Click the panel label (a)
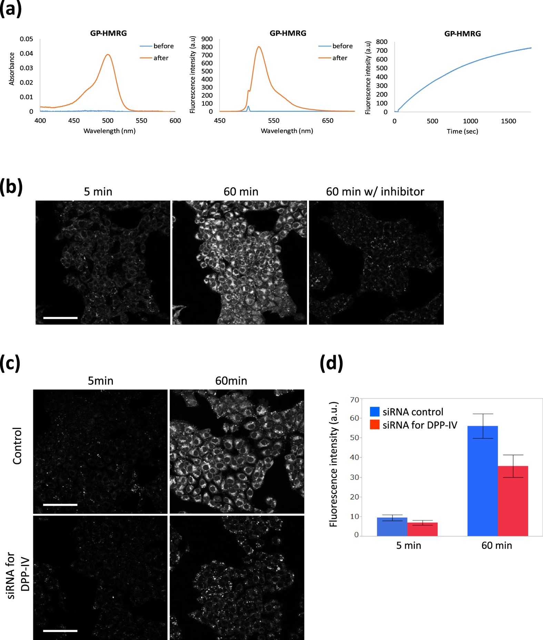(x=10, y=8)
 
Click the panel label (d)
(x=331, y=363)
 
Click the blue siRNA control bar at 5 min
(x=392, y=526)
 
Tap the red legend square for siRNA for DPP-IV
(x=374, y=425)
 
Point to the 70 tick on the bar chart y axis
(x=354, y=400)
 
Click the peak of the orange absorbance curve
(x=108, y=55)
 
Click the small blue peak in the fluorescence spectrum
(x=248, y=107)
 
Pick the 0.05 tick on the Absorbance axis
(x=26, y=39)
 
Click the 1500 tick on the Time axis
(x=509, y=121)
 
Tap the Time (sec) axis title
(x=462, y=131)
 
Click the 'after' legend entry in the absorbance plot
(x=161, y=58)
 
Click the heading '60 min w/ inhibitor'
(x=375, y=191)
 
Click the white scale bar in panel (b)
(x=60, y=318)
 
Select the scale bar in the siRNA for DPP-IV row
(x=60, y=631)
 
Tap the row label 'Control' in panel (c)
(x=17, y=446)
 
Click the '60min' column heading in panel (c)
(x=231, y=381)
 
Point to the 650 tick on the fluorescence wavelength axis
(x=328, y=121)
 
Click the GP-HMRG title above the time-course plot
(x=462, y=34)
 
